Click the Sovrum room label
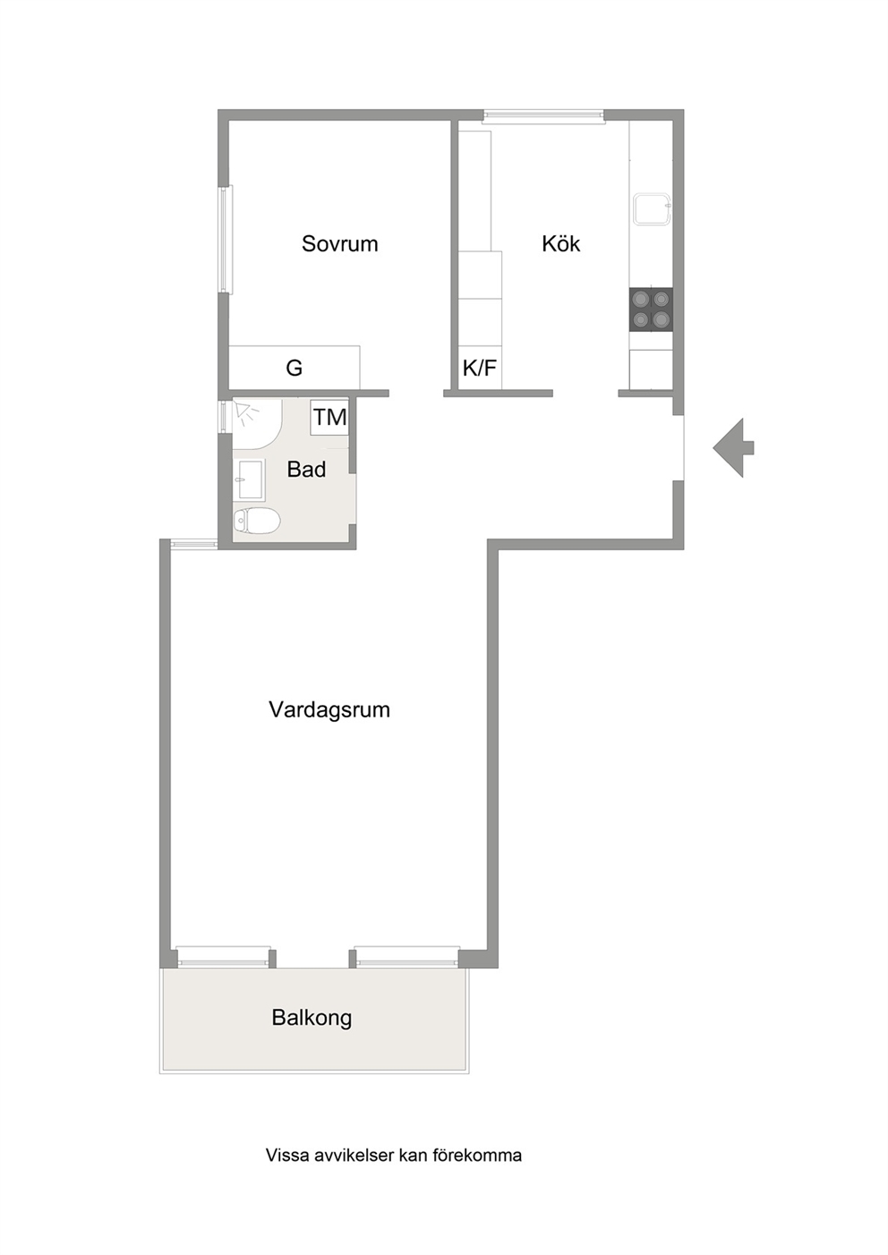point(340,243)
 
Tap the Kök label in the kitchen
point(560,243)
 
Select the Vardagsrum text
point(329,710)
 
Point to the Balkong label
point(312,1017)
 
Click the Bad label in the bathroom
point(306,469)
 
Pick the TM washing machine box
point(330,418)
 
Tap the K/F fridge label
point(480,369)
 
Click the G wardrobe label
point(294,369)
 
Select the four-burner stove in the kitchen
point(651,310)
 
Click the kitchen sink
point(653,209)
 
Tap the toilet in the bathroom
point(257,521)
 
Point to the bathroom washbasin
point(250,479)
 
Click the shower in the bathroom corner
point(257,424)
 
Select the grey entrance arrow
point(733,447)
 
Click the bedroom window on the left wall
point(226,240)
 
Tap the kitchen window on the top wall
point(543,115)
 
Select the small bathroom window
point(224,416)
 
